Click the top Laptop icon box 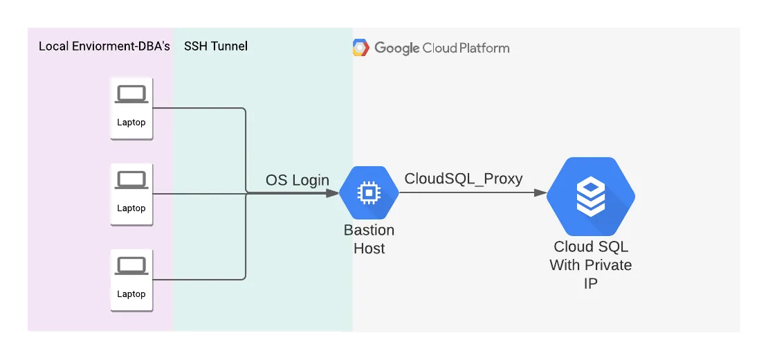point(131,108)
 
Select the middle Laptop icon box point(131,194)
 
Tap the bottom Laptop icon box point(131,280)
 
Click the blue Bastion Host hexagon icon point(369,192)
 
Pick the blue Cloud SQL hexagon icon point(591,196)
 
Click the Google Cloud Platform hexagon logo point(360,48)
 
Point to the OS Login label point(298,180)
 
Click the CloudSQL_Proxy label point(464,179)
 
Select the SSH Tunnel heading point(215,46)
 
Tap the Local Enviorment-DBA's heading point(104,46)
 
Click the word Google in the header point(396,48)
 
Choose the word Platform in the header point(484,48)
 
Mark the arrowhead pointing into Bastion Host point(332,193)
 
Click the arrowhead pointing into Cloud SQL point(540,193)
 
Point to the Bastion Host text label point(369,239)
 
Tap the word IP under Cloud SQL point(591,284)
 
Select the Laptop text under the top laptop point(131,123)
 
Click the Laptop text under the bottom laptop point(131,294)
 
